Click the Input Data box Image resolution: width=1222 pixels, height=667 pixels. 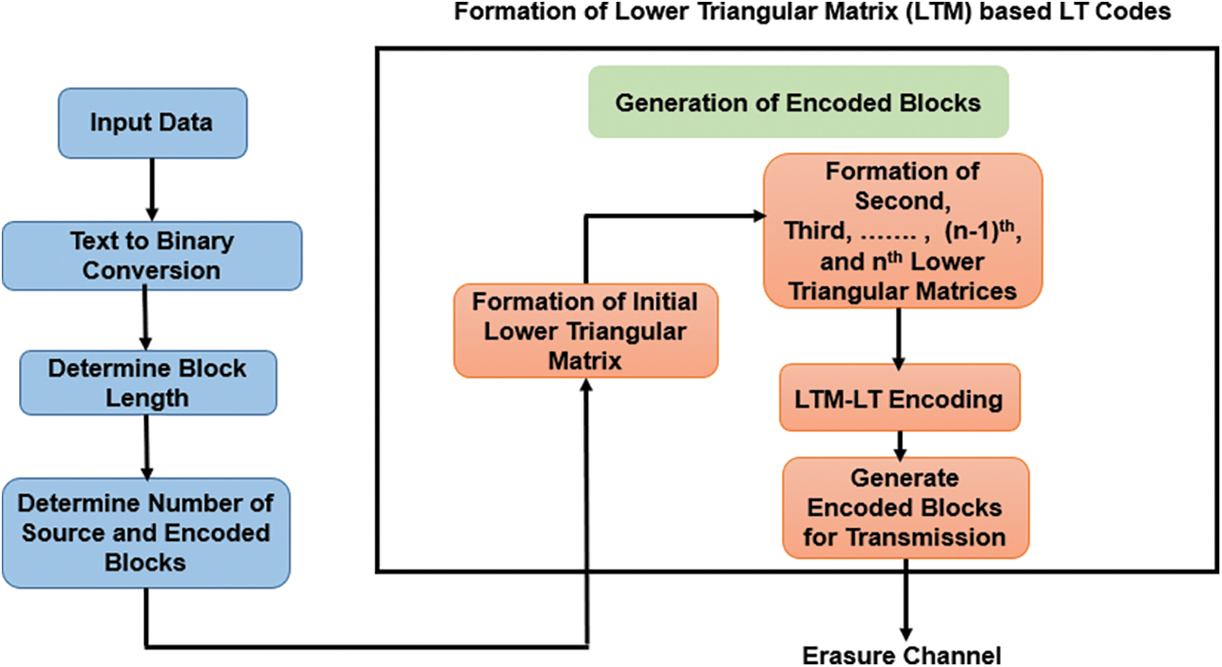coord(151,123)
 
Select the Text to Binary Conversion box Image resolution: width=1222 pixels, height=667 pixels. coord(151,256)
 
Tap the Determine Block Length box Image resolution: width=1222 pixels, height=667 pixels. coord(147,383)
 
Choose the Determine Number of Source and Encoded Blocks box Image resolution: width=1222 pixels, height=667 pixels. coord(145,532)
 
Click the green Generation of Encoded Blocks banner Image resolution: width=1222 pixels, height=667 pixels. coord(798,103)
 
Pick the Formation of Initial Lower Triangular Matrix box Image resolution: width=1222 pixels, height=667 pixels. coord(585,331)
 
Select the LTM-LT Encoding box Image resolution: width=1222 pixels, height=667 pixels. coord(899,399)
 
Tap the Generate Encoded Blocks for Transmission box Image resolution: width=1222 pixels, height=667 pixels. coord(905,507)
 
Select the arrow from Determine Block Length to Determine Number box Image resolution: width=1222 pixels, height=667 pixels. coord(145,445)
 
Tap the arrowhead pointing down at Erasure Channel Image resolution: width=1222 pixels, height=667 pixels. coord(905,633)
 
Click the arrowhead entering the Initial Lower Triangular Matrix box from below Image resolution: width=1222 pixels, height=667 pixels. coord(585,386)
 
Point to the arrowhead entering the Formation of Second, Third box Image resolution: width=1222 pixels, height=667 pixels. coord(754,217)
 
